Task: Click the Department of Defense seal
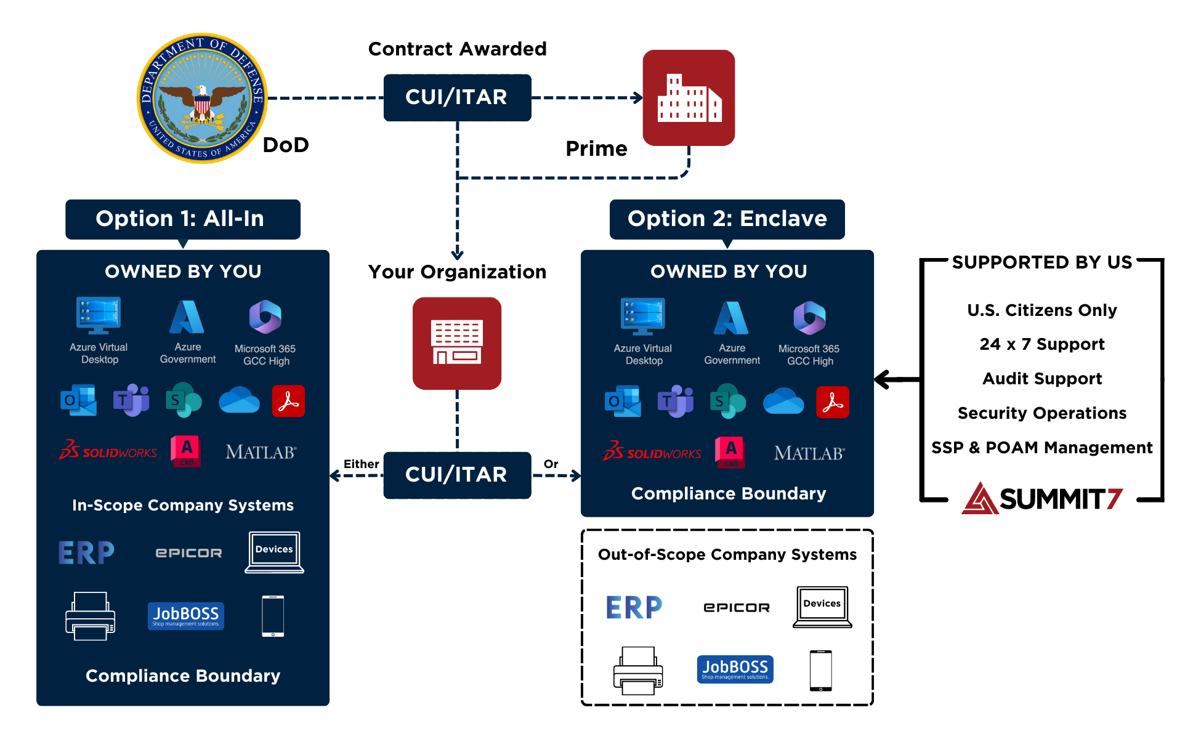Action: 202,99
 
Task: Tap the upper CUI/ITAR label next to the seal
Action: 456,97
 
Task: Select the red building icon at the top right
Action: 689,98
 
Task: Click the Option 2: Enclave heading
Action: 727,219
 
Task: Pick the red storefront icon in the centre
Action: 457,343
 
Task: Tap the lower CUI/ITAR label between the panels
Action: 456,475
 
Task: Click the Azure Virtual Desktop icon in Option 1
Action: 99,315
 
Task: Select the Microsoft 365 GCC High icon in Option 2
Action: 809,318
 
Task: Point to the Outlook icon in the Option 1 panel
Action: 79,401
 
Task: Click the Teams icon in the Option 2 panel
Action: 676,402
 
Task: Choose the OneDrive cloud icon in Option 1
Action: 239,401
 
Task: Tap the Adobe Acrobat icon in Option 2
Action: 833,402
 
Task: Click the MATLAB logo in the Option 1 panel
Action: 261,453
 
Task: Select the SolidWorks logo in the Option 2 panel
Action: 652,453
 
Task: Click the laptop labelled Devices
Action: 274,552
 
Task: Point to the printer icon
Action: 91,616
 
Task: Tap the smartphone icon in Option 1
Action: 273,616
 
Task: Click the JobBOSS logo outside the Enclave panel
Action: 735,669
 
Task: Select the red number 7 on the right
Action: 1115,499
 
